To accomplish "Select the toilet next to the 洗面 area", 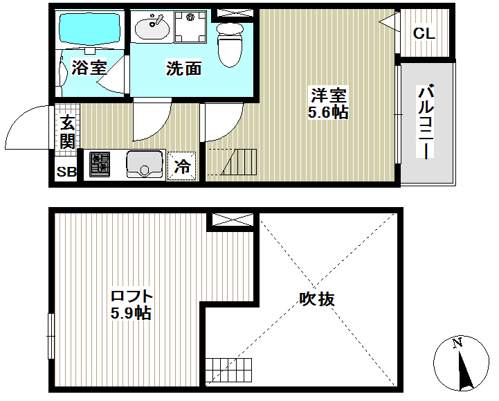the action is (x=230, y=44).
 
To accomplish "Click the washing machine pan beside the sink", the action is (x=190, y=26).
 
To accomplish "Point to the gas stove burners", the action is (x=100, y=164).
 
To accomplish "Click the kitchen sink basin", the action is (x=145, y=164).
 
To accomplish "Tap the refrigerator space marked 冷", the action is (x=182, y=166).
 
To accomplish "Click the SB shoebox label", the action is (x=66, y=172).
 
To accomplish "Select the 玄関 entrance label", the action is (x=67, y=132).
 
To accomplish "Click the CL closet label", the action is (x=424, y=33).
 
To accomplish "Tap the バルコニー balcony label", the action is (x=426, y=121).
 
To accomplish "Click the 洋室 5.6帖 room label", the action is (x=328, y=103).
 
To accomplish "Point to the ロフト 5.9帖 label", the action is (x=131, y=305).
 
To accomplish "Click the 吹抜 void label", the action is (x=317, y=298).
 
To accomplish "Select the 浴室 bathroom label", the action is (x=89, y=67).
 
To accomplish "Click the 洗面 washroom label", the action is (x=183, y=68).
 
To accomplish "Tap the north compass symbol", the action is (x=461, y=363).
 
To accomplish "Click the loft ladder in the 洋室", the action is (x=239, y=162).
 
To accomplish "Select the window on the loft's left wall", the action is (x=51, y=336).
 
